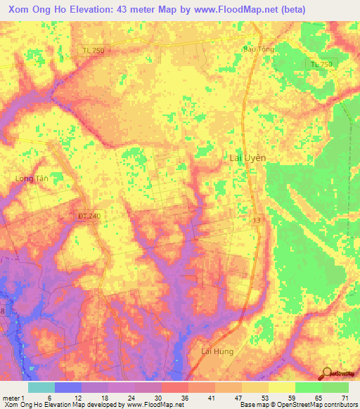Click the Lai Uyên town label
[x=247, y=158]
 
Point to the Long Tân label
[x=30, y=179]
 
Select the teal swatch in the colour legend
[x=41, y=387]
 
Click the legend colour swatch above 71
[x=335, y=387]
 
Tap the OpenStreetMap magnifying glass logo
[x=326, y=373]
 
